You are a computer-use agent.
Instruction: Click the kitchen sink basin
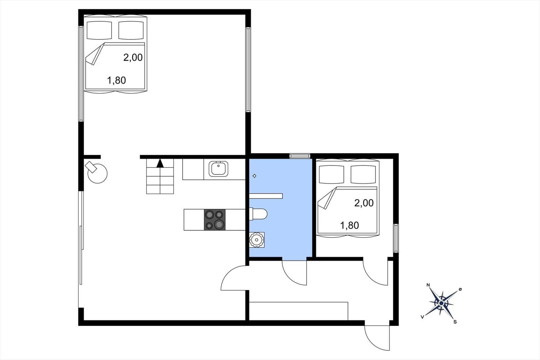point(218,169)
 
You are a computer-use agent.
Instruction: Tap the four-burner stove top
point(215,220)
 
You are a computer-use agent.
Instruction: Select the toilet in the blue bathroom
point(258,214)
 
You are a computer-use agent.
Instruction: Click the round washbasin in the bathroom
point(257,240)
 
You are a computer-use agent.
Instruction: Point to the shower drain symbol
point(254,176)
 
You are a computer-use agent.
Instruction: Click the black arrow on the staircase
point(160,163)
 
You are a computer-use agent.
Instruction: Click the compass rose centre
point(441,303)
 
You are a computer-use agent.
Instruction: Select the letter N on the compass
point(428,285)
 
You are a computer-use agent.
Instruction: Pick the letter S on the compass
point(455,322)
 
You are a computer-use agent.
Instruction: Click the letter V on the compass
point(422,317)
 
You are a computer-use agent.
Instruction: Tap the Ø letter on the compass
point(460,289)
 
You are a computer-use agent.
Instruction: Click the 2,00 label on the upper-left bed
point(133,58)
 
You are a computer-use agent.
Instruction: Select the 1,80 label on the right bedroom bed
point(349,225)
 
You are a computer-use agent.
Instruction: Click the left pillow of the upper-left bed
point(99,30)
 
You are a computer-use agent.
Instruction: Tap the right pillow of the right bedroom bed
point(363,174)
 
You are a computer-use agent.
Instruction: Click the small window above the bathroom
point(300,156)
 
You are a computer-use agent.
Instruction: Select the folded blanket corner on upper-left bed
point(95,54)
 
